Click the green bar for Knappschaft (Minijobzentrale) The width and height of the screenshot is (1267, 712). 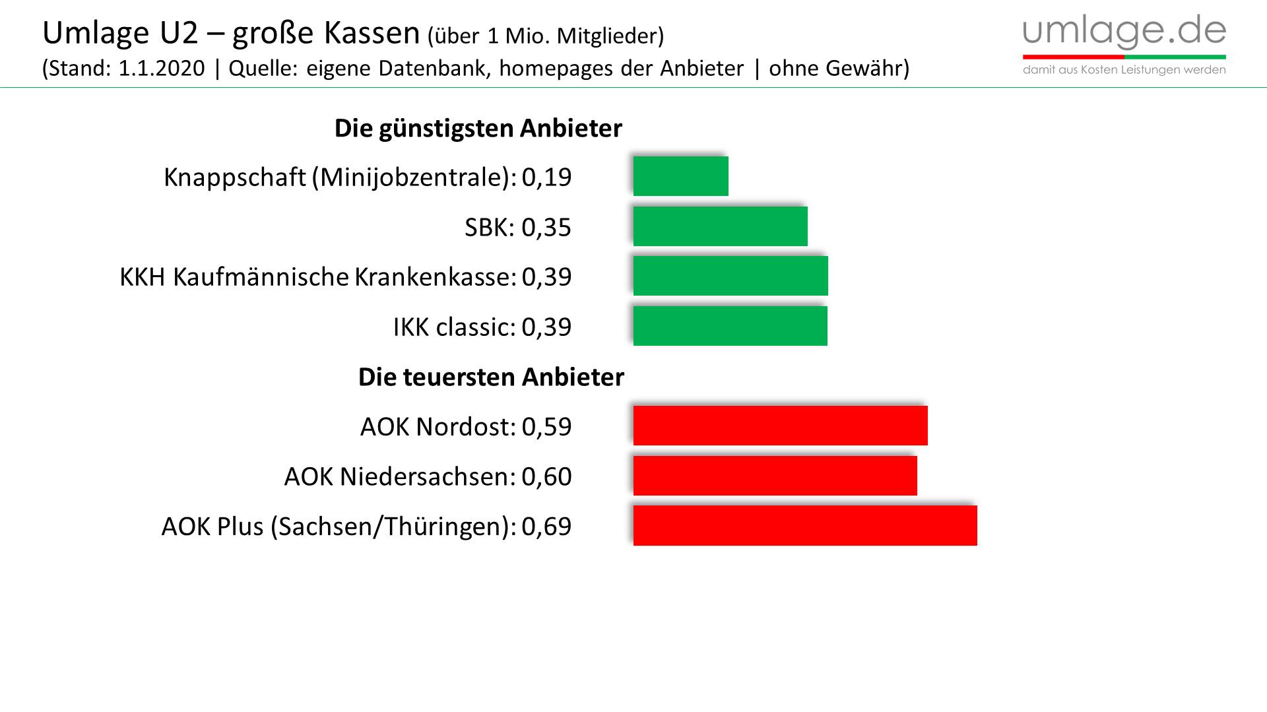click(x=680, y=176)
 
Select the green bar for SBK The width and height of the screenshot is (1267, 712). click(x=720, y=226)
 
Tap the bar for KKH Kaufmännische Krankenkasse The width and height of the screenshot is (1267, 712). click(x=731, y=276)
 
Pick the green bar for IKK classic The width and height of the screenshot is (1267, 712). click(x=730, y=326)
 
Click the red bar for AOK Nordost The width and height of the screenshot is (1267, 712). click(x=780, y=426)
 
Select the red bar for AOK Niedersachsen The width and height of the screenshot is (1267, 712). click(x=775, y=476)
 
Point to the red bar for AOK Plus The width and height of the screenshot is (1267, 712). click(x=805, y=526)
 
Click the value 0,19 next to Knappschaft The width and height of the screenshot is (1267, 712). click(x=546, y=178)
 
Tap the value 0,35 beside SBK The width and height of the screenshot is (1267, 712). click(x=546, y=228)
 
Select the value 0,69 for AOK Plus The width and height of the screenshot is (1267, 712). click(x=546, y=527)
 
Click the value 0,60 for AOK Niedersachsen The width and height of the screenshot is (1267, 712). click(x=546, y=476)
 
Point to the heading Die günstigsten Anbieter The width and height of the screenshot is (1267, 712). click(x=478, y=128)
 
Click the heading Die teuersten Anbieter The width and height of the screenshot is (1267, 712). click(x=491, y=377)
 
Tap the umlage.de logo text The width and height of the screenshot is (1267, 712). click(x=1124, y=30)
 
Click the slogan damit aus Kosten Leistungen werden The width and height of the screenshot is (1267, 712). click(x=1124, y=70)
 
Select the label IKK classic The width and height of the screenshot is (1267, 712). click(x=454, y=327)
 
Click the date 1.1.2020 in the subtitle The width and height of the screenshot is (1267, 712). click(x=162, y=68)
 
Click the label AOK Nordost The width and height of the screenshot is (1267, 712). click(x=438, y=427)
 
